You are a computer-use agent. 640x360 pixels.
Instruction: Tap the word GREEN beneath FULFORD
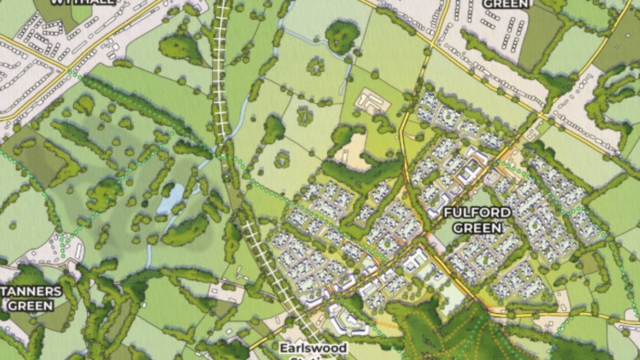click(477, 228)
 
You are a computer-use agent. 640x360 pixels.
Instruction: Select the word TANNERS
click(31, 291)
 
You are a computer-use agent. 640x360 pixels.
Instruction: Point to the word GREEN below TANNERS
click(31, 305)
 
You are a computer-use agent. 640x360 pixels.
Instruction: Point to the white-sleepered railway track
click(221, 68)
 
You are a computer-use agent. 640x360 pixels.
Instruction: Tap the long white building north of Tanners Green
click(79, 252)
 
